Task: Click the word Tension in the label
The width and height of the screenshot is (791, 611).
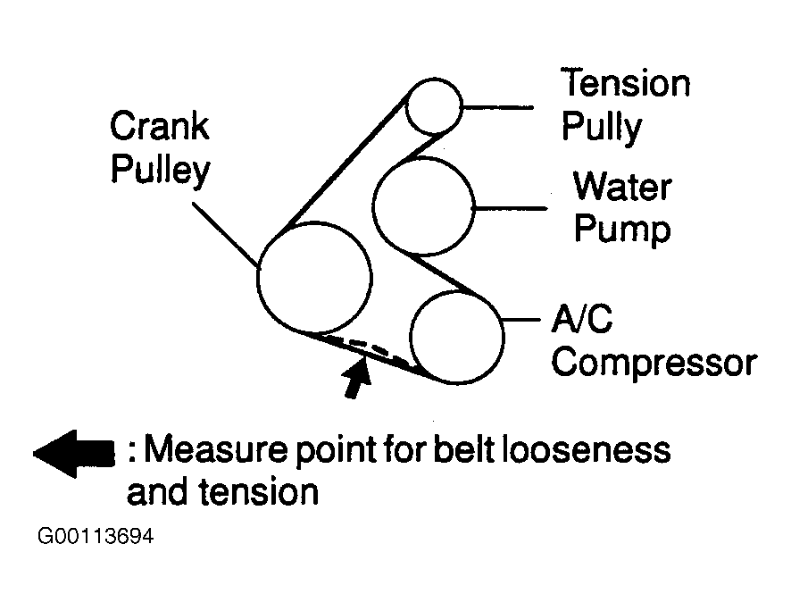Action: [625, 84]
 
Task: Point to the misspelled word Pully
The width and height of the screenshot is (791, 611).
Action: [602, 127]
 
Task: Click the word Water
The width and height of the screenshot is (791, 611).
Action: [622, 187]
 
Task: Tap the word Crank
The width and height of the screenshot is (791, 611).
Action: [160, 126]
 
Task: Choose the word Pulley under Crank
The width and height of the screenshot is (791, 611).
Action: [160, 170]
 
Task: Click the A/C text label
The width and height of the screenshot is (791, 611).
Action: [582, 318]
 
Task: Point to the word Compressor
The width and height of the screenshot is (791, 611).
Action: [654, 363]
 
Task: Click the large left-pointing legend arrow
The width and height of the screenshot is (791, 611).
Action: [74, 454]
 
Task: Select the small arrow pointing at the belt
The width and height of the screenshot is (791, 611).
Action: [357, 377]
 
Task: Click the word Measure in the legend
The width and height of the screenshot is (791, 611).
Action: [215, 449]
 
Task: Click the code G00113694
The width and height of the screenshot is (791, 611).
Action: [96, 536]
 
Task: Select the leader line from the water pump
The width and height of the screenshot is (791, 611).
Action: [511, 208]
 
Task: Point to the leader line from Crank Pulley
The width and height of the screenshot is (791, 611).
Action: [226, 235]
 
